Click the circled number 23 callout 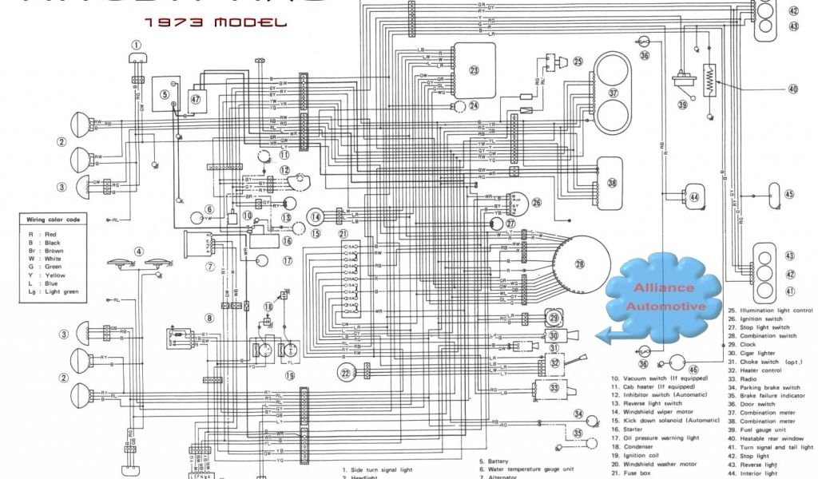pyautogui.click(x=474, y=70)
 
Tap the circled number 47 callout pyautogui.click(x=197, y=99)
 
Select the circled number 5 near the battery pyautogui.click(x=164, y=94)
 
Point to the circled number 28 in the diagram pyautogui.click(x=581, y=264)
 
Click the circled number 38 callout pyautogui.click(x=613, y=182)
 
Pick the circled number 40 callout pyautogui.click(x=792, y=89)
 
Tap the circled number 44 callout pyautogui.click(x=693, y=196)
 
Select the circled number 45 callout pyautogui.click(x=789, y=194)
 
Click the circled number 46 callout pyautogui.click(x=693, y=369)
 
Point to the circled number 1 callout pyautogui.click(x=137, y=46)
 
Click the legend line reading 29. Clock pyautogui.click(x=746, y=344)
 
